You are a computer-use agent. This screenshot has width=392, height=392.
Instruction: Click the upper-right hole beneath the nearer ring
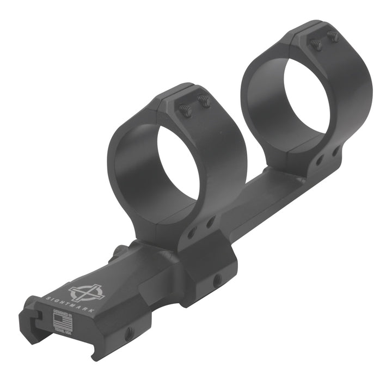[211, 222]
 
